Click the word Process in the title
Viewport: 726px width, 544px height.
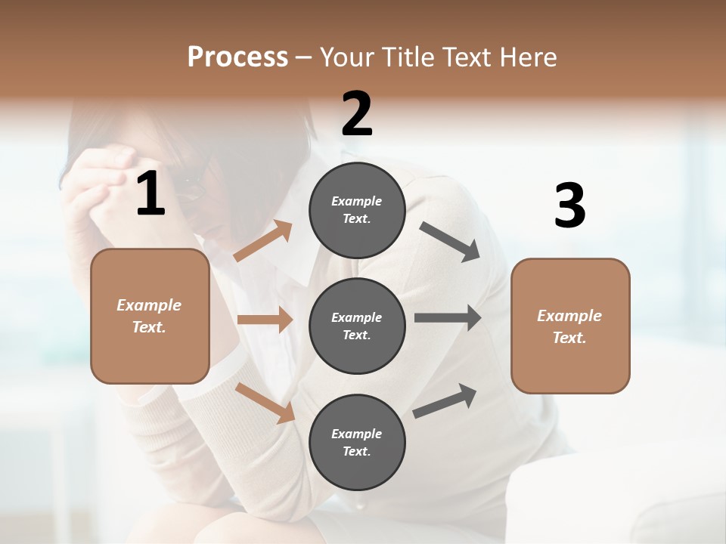pyautogui.click(x=237, y=57)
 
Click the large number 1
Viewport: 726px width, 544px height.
pyautogui.click(x=150, y=194)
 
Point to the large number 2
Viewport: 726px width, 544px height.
pyautogui.click(x=357, y=114)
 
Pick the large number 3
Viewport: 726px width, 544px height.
pyautogui.click(x=569, y=206)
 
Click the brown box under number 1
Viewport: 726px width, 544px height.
pyautogui.click(x=150, y=316)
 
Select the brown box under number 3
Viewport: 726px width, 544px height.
pyautogui.click(x=570, y=326)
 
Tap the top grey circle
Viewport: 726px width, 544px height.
pyautogui.click(x=357, y=210)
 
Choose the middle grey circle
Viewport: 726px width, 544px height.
pyautogui.click(x=357, y=326)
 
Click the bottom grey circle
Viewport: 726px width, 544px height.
pyautogui.click(x=357, y=442)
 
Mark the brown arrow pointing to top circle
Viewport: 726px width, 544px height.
pyautogui.click(x=263, y=241)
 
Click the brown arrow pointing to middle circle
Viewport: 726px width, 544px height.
pyautogui.click(x=264, y=320)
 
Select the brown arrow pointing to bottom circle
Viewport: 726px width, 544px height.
pyautogui.click(x=265, y=402)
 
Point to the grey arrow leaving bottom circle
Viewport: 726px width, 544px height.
pyautogui.click(x=445, y=400)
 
